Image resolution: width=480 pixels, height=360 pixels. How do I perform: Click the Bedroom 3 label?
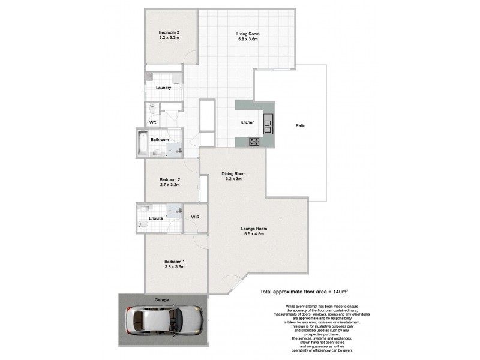coord(169,32)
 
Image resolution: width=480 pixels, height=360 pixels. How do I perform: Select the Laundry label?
coord(164,88)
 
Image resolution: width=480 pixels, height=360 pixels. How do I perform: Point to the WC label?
coord(153,122)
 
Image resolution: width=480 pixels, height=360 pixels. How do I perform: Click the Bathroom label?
coord(160,140)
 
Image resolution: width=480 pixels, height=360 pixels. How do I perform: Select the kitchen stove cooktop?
coord(254,142)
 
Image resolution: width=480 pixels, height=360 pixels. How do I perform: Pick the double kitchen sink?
coord(268,123)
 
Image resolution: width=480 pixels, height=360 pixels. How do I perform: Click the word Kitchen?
coord(248,122)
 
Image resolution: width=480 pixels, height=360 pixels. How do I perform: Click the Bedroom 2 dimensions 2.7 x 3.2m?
coord(170,185)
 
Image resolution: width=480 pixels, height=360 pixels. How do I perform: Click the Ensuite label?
coord(156,218)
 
